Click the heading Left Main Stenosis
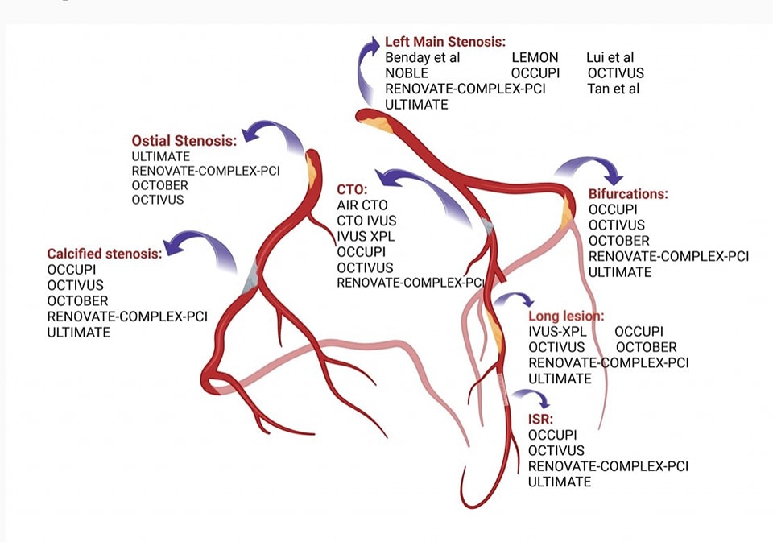coord(444,42)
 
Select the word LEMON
coord(535,58)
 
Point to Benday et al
coord(422,58)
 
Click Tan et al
coord(613,89)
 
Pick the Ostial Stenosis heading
coord(184,140)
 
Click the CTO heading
coord(352,190)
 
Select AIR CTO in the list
coord(362,205)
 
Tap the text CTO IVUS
coord(366,221)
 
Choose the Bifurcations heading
coord(628,194)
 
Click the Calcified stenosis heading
coord(104,254)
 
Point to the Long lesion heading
coord(565,316)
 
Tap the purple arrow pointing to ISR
coord(532,395)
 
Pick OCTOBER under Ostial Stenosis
coord(159,186)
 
